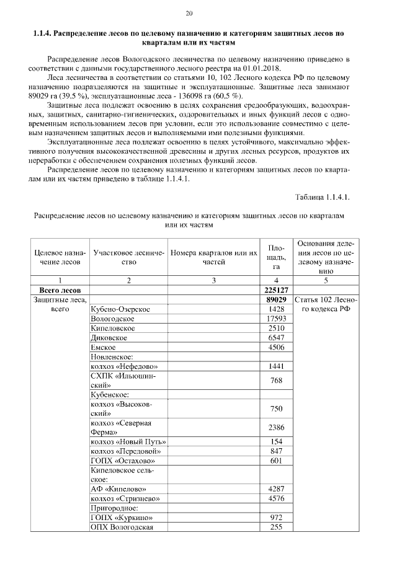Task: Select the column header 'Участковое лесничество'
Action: click(127, 258)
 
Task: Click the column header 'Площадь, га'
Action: click(276, 257)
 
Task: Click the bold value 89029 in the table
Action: click(276, 299)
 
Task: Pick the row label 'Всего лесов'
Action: click(60, 289)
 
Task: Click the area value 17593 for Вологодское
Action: click(276, 319)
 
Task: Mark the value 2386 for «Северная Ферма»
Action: click(276, 427)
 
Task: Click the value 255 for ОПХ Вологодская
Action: click(276, 527)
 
